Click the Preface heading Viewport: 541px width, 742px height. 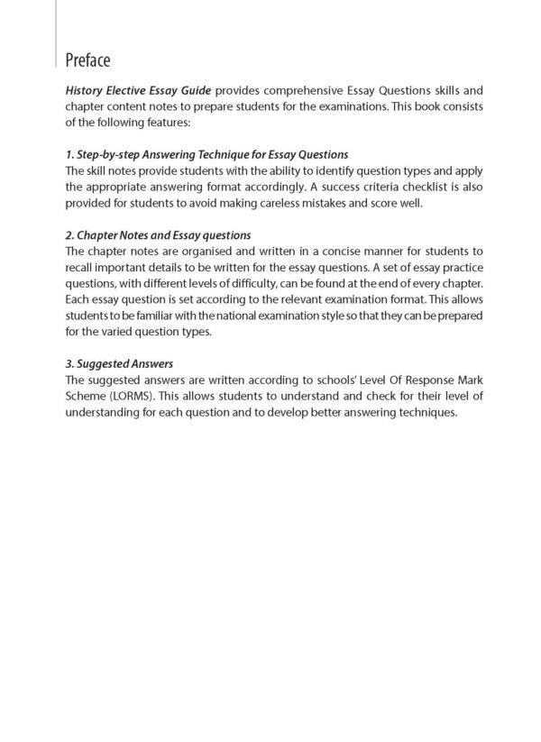coord(88,60)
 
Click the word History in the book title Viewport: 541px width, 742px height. coord(84,91)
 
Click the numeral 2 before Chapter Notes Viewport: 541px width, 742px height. coord(69,235)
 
